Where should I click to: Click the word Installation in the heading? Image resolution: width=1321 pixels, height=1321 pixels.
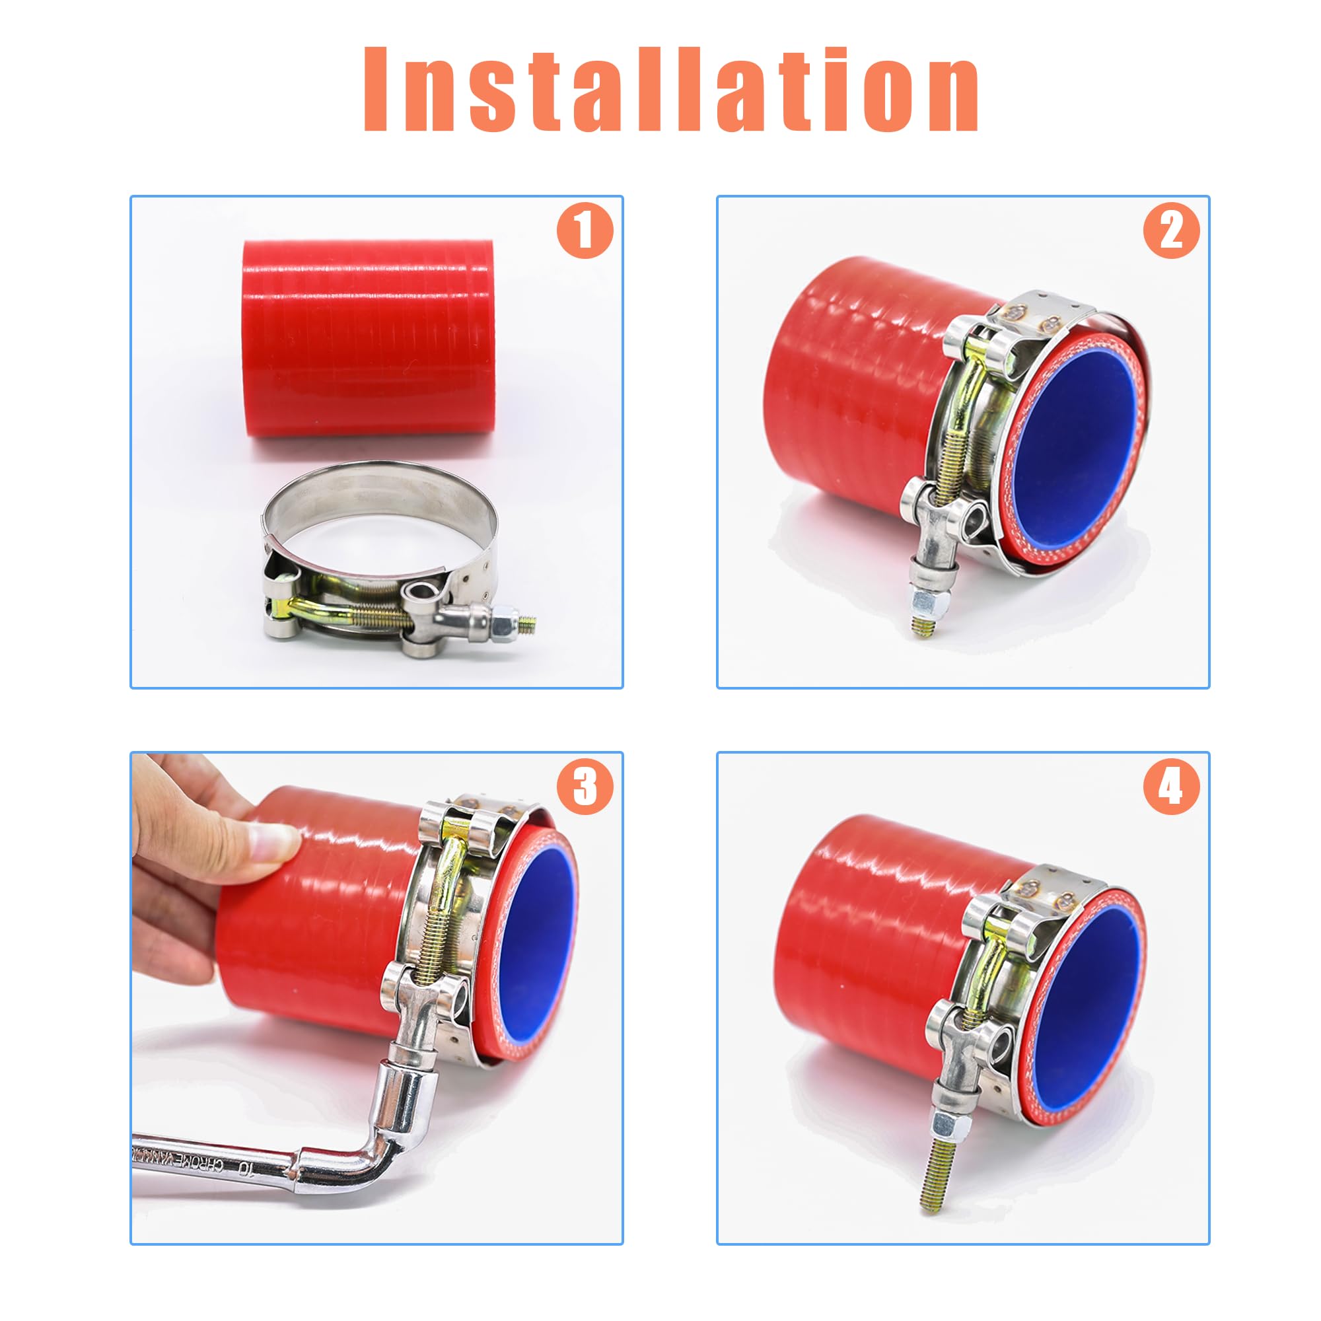coord(670,89)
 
